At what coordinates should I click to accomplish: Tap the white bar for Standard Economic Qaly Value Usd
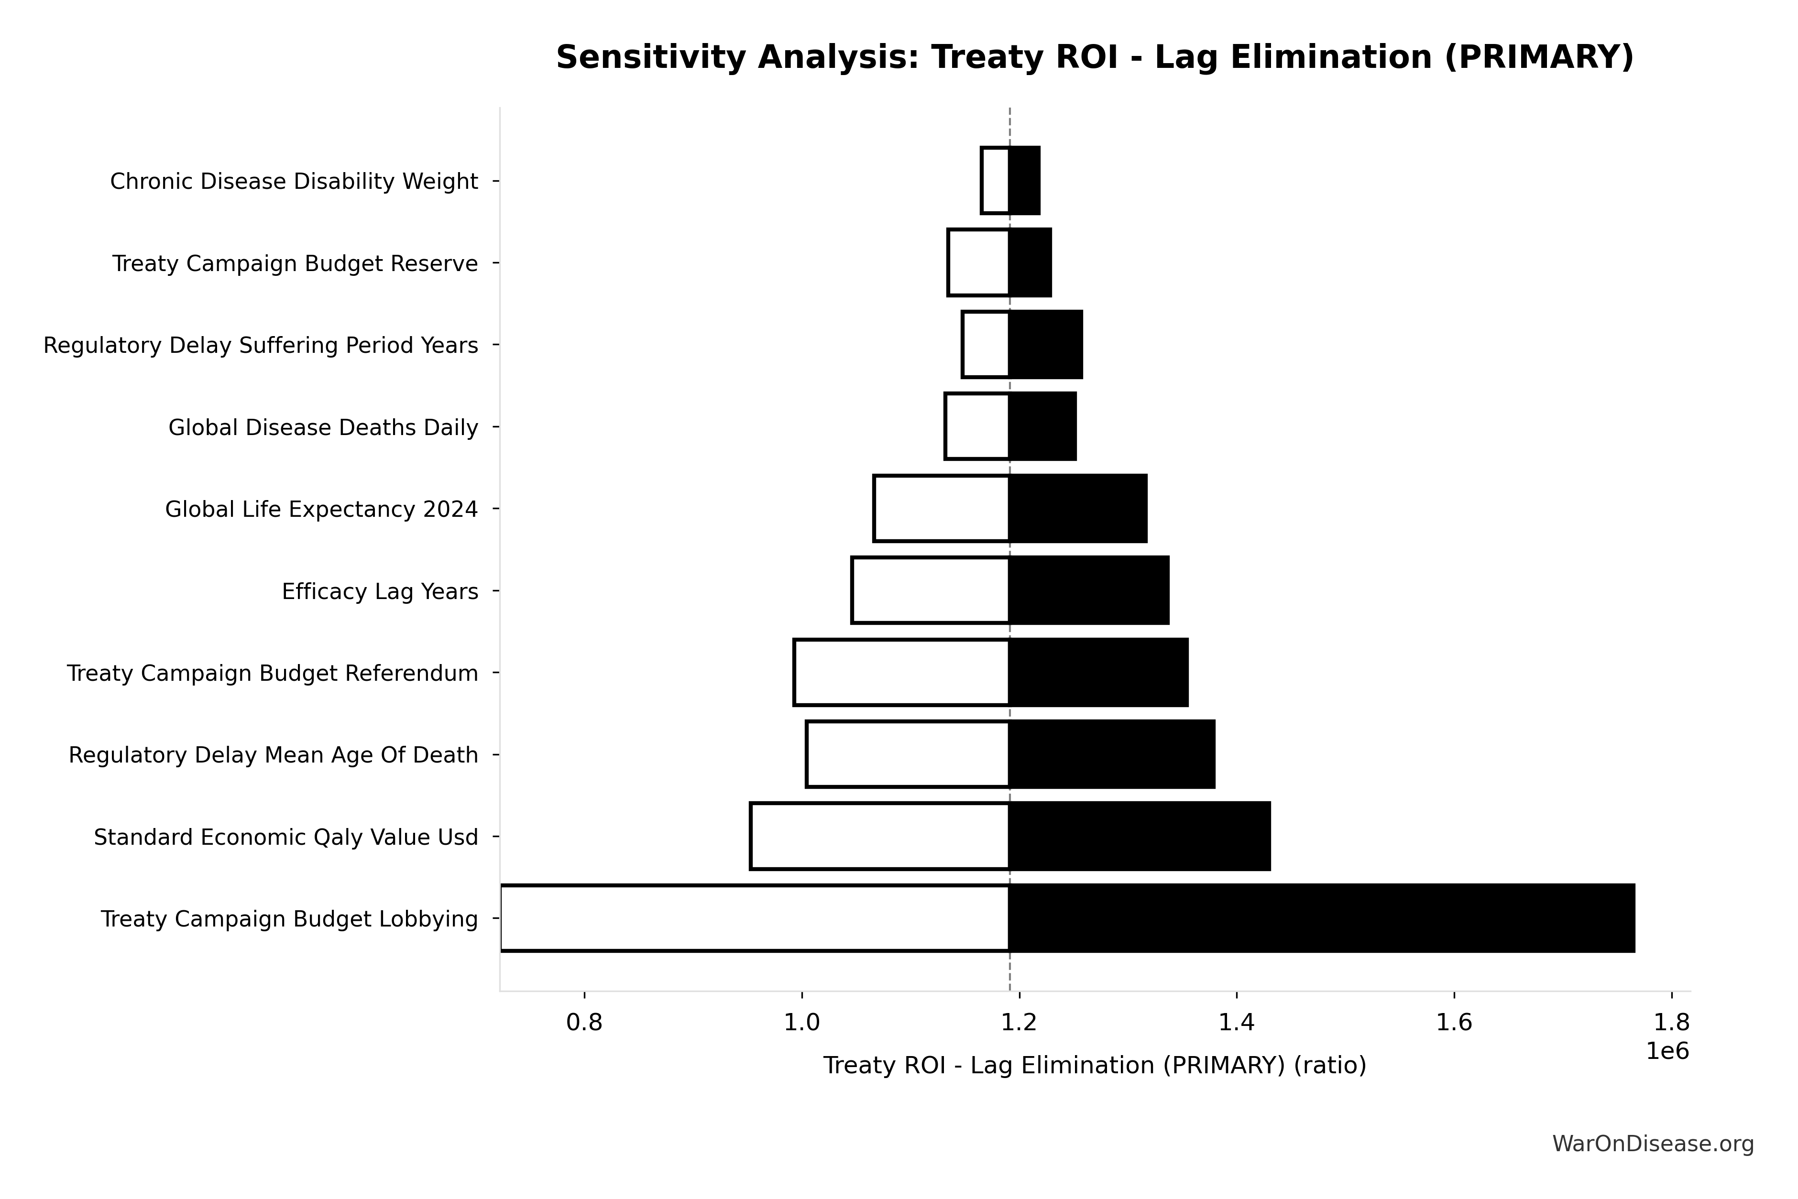pos(879,837)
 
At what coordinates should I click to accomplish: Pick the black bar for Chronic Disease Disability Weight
pos(1024,181)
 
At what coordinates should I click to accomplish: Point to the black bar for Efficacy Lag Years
pos(1088,590)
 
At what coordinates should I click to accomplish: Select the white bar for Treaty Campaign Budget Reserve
pos(978,263)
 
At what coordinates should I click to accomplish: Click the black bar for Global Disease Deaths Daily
pos(1042,427)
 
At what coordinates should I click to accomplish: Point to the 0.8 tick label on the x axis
pos(584,1023)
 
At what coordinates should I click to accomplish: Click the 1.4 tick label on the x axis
pos(1236,1023)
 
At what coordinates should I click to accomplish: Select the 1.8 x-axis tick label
pos(1671,1023)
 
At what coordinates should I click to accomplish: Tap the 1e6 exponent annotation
pos(1667,1051)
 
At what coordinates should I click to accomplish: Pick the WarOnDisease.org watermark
pos(1653,1144)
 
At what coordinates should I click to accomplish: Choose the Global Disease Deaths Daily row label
pos(324,427)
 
